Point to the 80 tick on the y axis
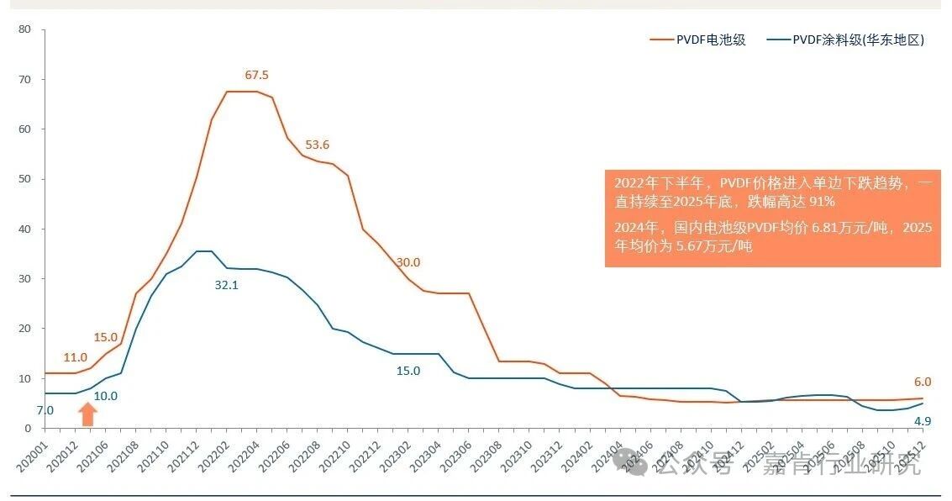tap(24, 29)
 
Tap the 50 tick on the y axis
tap(24, 179)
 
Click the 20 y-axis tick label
tap(24, 329)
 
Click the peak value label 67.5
tap(257, 75)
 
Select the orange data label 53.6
tap(317, 145)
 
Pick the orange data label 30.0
tap(408, 262)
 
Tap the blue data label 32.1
tap(227, 285)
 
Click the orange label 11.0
tap(76, 357)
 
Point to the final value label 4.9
tap(923, 445)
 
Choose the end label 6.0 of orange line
tap(923, 382)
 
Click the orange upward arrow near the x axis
tap(88, 414)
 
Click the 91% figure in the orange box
tap(821, 203)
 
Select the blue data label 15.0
tap(408, 371)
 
